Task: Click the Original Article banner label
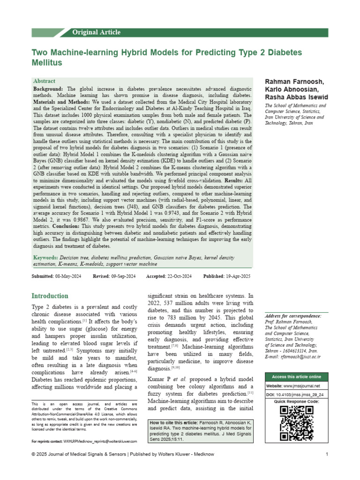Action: pos(96,32)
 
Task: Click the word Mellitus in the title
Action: pos(46,62)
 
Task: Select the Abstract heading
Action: pos(44,81)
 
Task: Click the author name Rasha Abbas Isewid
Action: pos(296,97)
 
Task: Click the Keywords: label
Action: pos(45,258)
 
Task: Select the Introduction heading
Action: pos(50,296)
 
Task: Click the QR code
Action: pos(296,423)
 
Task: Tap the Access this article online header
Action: pos(296,377)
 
